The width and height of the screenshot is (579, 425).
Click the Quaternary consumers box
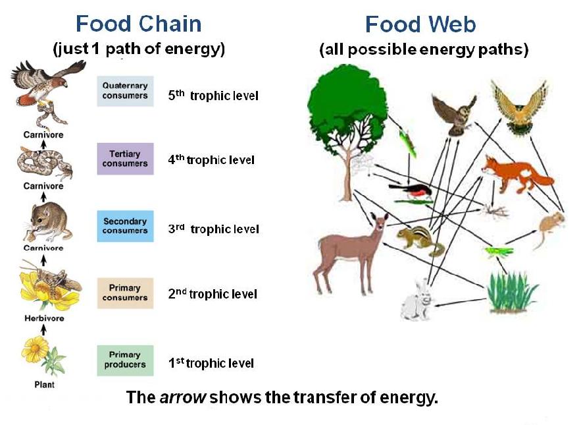click(125, 92)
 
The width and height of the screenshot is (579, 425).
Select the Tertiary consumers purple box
click(125, 159)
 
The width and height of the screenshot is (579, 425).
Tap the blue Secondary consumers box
click(125, 226)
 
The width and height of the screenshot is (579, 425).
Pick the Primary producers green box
click(125, 360)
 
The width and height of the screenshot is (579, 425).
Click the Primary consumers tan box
click(125, 293)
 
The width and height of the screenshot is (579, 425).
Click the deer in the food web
click(346, 251)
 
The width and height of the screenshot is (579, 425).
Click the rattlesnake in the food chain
click(43, 163)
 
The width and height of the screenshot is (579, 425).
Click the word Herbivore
click(43, 318)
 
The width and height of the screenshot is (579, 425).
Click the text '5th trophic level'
click(213, 96)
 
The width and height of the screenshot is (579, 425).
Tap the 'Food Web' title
click(420, 25)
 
